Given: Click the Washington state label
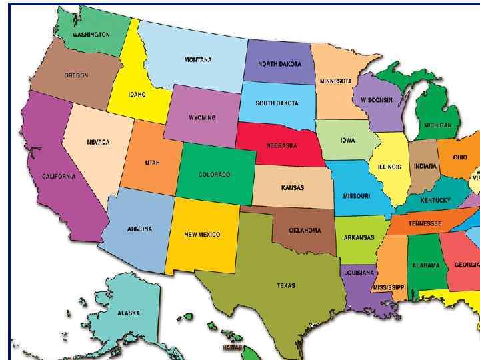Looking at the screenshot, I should pyautogui.click(x=91, y=35).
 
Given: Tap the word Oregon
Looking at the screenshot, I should pyautogui.click(x=75, y=76).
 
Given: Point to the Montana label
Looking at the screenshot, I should pyautogui.click(x=198, y=60).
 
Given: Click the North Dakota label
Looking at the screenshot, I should pyautogui.click(x=281, y=64).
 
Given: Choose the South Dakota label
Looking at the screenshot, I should pyautogui.click(x=277, y=103).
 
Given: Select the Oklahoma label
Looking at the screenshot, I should pyautogui.click(x=305, y=231).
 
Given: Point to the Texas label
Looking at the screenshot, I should pyautogui.click(x=286, y=286).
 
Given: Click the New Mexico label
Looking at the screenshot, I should pyautogui.click(x=202, y=235).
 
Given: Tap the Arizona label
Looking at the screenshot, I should pyautogui.click(x=139, y=229).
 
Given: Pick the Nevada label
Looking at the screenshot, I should pyautogui.click(x=98, y=143).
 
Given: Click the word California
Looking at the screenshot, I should pyautogui.click(x=59, y=177).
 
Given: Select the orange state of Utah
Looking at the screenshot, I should pyautogui.click(x=152, y=163).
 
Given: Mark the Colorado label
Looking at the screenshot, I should pyautogui.click(x=215, y=175).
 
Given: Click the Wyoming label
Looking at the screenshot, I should pyautogui.click(x=202, y=118).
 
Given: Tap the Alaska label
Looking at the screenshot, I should pyautogui.click(x=129, y=313).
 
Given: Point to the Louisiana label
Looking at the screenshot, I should pyautogui.click(x=359, y=273).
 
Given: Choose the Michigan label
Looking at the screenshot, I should pyautogui.click(x=437, y=125).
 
